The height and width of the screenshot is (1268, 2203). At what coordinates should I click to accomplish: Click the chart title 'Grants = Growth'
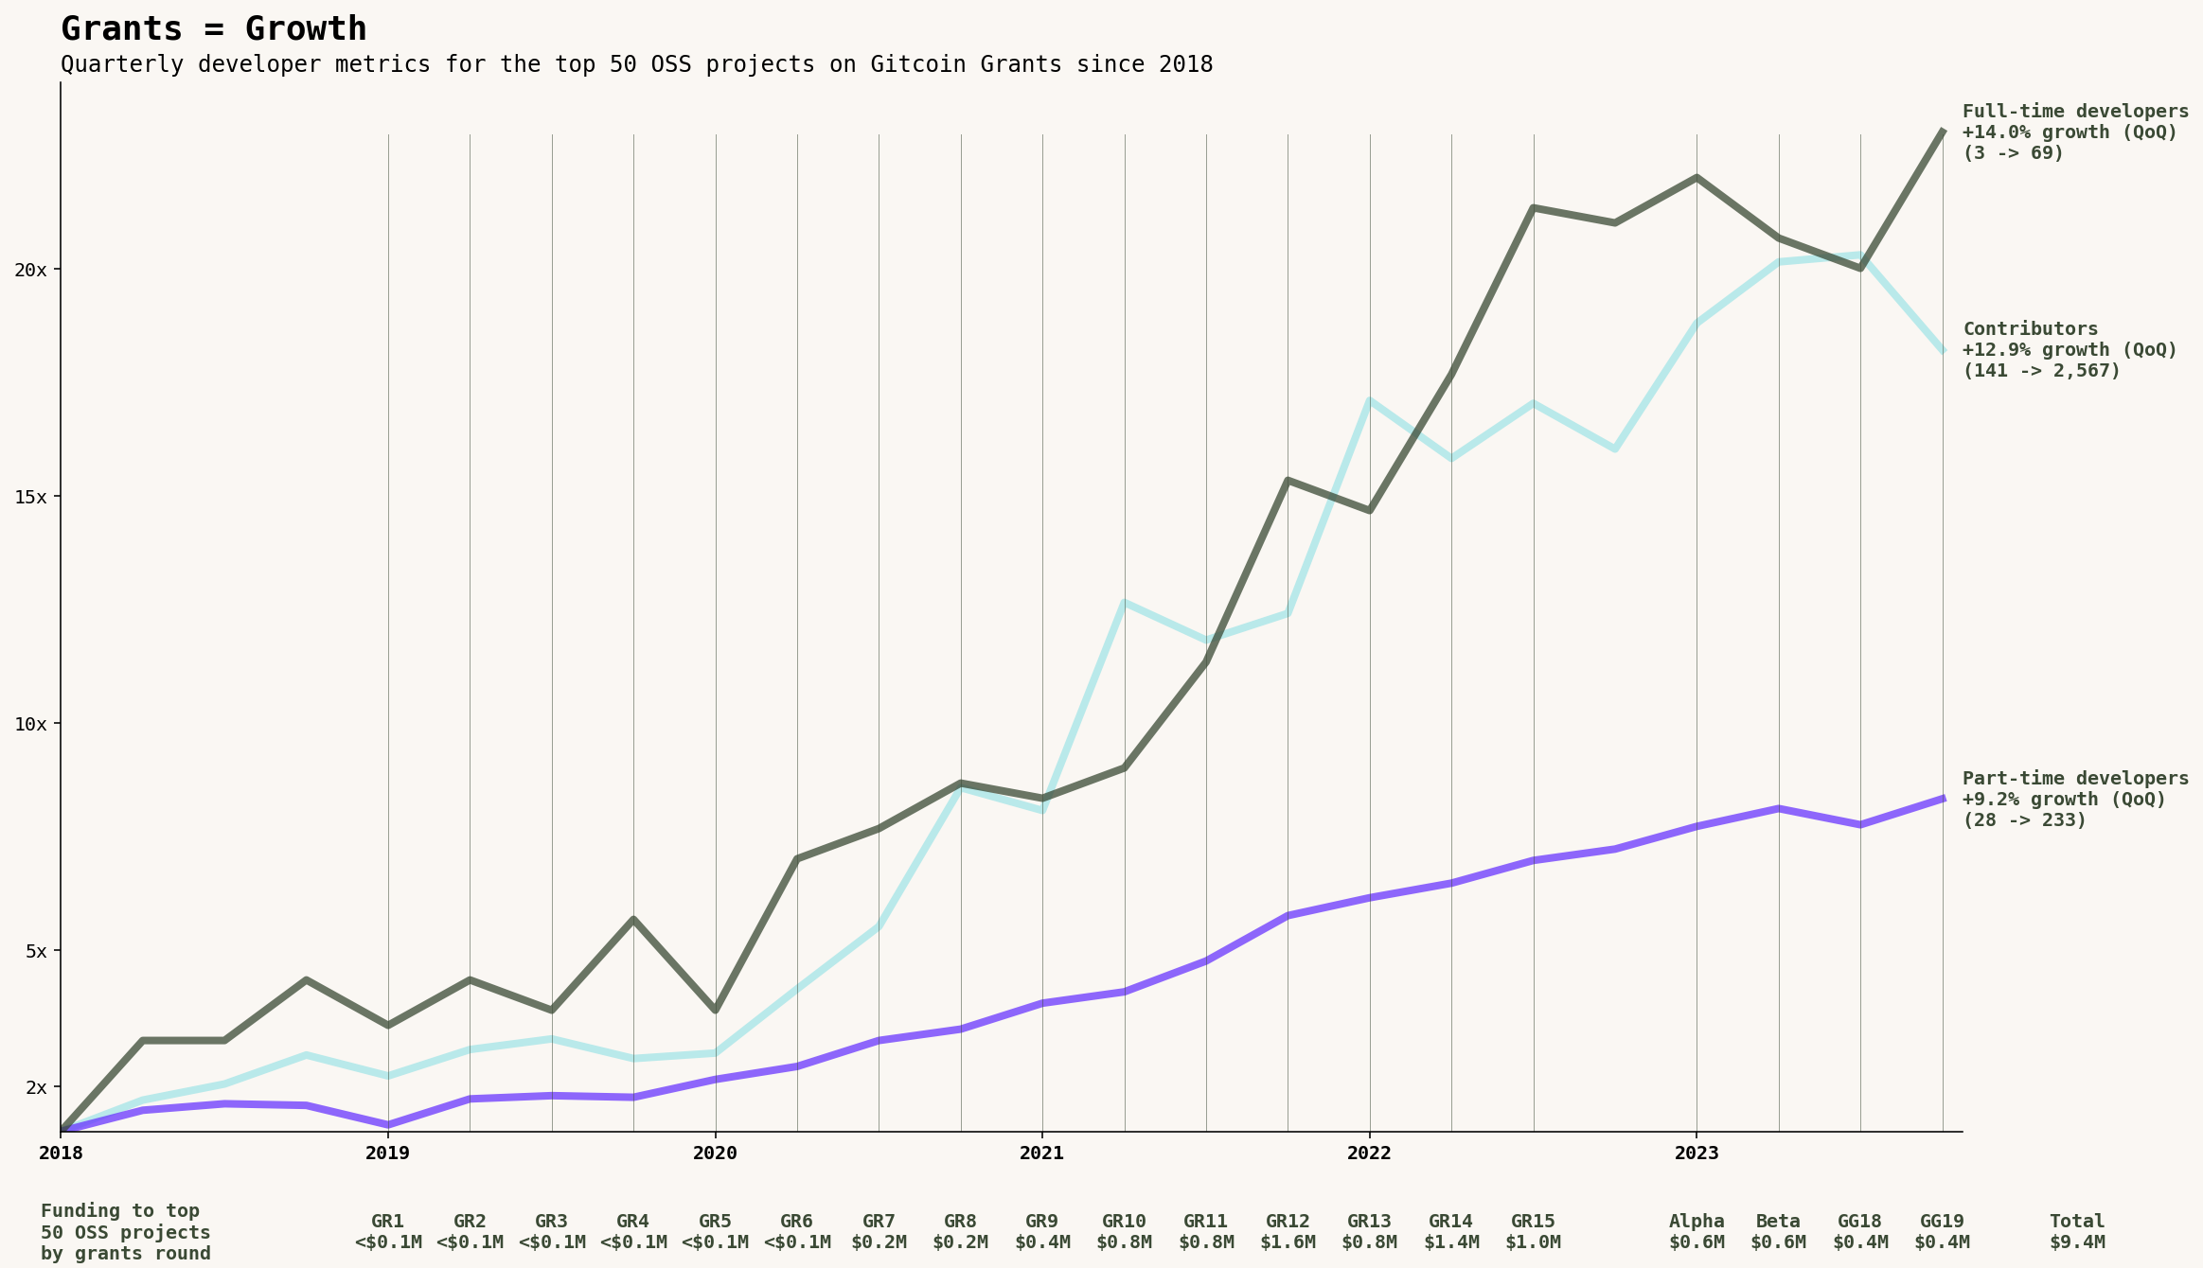coord(213,29)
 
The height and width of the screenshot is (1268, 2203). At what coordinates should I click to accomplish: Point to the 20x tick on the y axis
coord(30,270)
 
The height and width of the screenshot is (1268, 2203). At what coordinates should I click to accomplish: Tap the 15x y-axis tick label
coord(30,497)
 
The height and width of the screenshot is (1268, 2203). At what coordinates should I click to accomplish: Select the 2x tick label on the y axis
coord(36,1087)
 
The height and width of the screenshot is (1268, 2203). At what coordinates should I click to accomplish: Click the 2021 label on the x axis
coord(1041,1153)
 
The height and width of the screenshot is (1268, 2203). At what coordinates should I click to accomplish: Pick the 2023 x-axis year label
coord(1696,1153)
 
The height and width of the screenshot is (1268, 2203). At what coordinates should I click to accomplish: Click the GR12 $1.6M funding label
coord(1288,1231)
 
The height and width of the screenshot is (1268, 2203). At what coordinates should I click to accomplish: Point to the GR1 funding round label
coord(388,1231)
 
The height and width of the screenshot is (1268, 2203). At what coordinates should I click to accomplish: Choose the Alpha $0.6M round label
coord(1697,1231)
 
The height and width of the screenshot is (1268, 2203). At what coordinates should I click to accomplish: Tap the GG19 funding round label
coord(1942,1231)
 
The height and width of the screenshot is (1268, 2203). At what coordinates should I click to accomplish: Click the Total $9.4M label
coord(2077,1231)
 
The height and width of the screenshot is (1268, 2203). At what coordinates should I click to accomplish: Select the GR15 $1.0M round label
coord(1533,1231)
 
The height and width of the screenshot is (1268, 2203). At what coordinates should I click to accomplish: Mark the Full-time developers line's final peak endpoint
coord(1943,131)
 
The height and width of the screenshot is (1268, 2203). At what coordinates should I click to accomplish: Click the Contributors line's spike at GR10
coord(1124,602)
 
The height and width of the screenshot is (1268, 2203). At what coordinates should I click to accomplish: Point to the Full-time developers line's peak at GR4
coord(633,919)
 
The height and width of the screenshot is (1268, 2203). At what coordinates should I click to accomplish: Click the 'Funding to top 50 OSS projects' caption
coord(125,1232)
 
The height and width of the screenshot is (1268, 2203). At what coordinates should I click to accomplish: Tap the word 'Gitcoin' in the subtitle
coord(917,64)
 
